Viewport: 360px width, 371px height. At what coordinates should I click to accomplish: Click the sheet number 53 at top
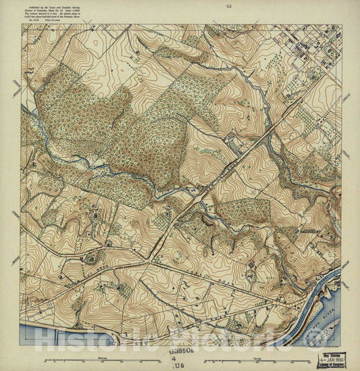click(230, 5)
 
